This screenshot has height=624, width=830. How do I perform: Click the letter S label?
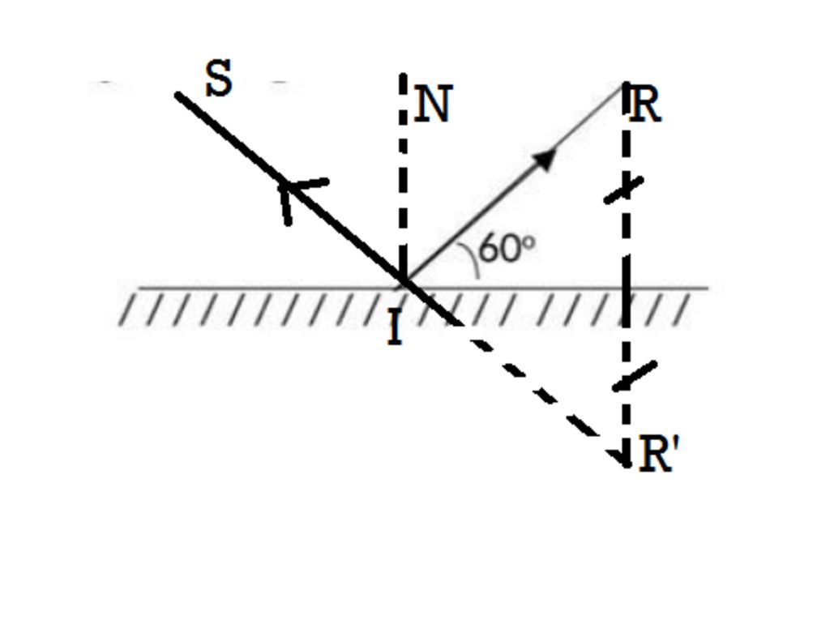(219, 78)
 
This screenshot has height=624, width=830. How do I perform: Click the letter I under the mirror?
(395, 327)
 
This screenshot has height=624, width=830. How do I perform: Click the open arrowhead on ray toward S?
(297, 197)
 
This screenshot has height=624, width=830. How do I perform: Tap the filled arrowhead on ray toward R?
(545, 159)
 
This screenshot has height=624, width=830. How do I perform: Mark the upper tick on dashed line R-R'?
(624, 190)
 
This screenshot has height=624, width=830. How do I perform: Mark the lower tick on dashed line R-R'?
(634, 376)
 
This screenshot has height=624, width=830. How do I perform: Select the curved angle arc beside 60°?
(471, 259)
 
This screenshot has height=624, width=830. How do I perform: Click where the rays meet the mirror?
(404, 280)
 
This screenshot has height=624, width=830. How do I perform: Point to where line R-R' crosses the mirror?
(627, 288)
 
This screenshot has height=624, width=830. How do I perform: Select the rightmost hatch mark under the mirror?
(682, 310)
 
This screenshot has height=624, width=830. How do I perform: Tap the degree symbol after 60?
(528, 243)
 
